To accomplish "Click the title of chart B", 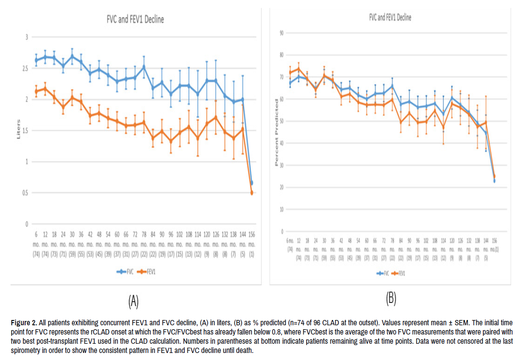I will pos(390,18).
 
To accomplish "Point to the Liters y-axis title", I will pos(18,131).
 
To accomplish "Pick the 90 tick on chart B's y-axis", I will pos(282,33).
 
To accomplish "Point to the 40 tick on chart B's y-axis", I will pos(282,143).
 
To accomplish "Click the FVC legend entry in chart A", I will pos(127,272).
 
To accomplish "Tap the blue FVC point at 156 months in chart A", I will pos(252,182).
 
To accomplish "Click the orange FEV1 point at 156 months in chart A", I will pos(252,193).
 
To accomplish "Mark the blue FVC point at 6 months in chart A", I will pos(36,60).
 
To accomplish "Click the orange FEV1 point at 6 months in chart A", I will pos(36,91).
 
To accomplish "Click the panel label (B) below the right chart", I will pos(391,299).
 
